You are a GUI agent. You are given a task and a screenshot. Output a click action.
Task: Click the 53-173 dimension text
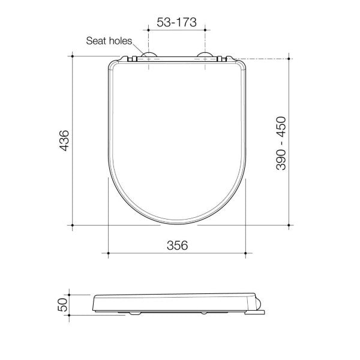click(x=176, y=22)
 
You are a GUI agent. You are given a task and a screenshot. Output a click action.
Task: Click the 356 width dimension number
click(x=177, y=245)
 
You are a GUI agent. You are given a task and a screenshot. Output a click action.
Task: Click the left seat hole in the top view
click(x=148, y=58)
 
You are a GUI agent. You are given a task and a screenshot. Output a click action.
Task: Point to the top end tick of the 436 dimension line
click(x=73, y=56)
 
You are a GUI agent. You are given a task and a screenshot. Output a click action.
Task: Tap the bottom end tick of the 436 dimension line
click(x=73, y=226)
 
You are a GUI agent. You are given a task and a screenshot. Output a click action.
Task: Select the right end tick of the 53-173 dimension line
click(x=206, y=29)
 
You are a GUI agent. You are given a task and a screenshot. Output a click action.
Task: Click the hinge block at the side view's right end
click(x=257, y=305)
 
